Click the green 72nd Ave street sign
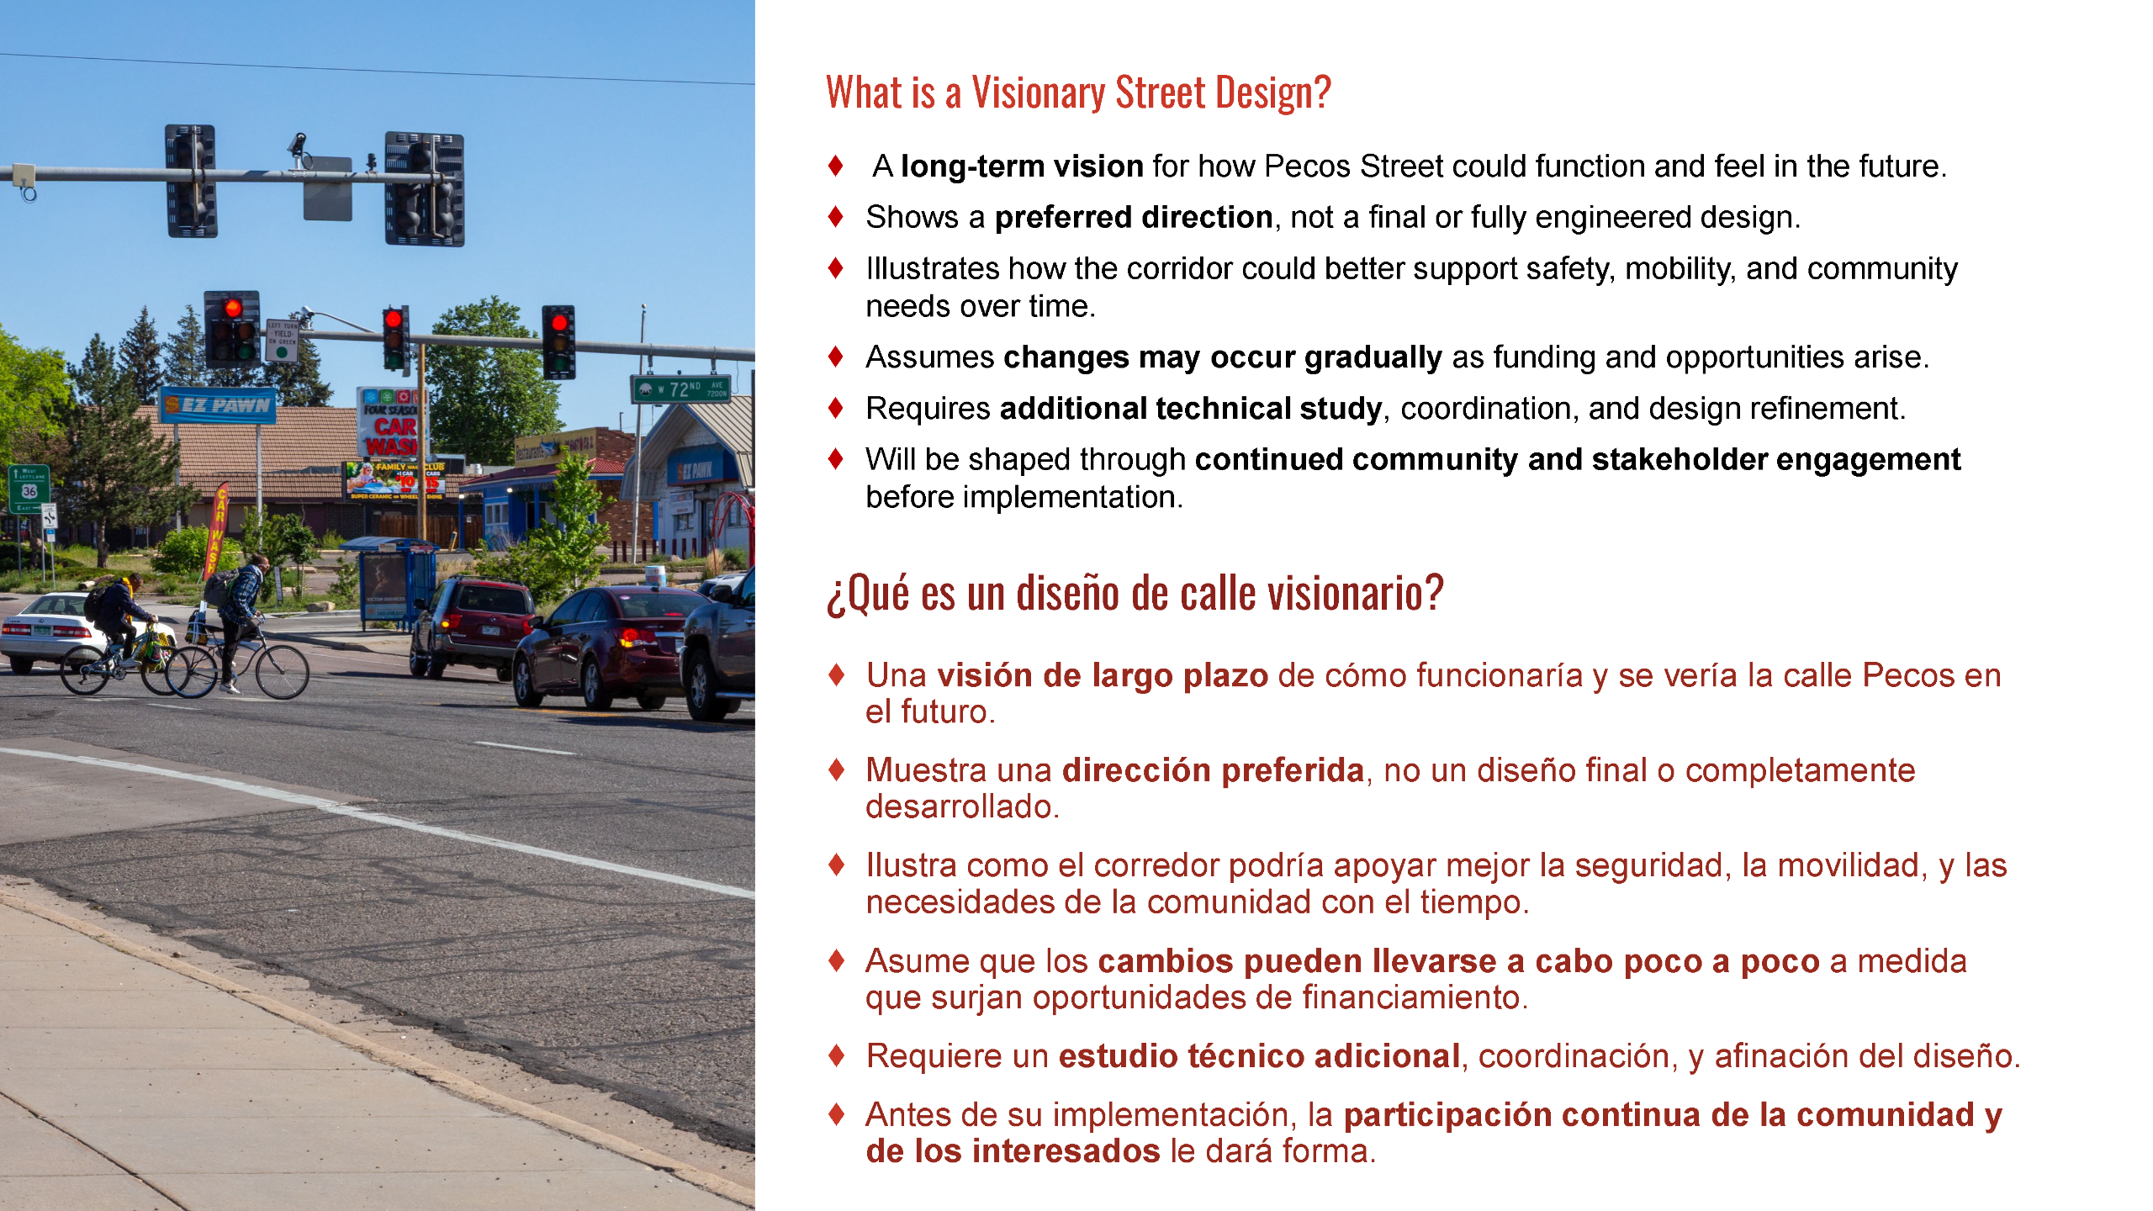click(x=681, y=389)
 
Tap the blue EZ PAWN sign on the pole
click(x=218, y=405)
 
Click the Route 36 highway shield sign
click(x=29, y=491)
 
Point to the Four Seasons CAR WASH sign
click(x=391, y=425)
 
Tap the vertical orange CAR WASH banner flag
click(x=218, y=530)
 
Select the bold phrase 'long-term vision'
click(x=1021, y=167)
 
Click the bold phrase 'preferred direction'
click(x=1133, y=218)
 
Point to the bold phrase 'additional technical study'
click(x=1190, y=409)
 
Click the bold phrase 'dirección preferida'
click(x=1213, y=770)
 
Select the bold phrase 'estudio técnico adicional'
click(x=1258, y=1056)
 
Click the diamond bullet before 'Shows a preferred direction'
click(x=835, y=217)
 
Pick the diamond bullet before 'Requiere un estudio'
click(x=835, y=1055)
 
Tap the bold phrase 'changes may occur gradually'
click(x=1222, y=357)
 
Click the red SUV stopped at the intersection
click(x=471, y=627)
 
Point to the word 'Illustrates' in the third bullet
click(x=932, y=269)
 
